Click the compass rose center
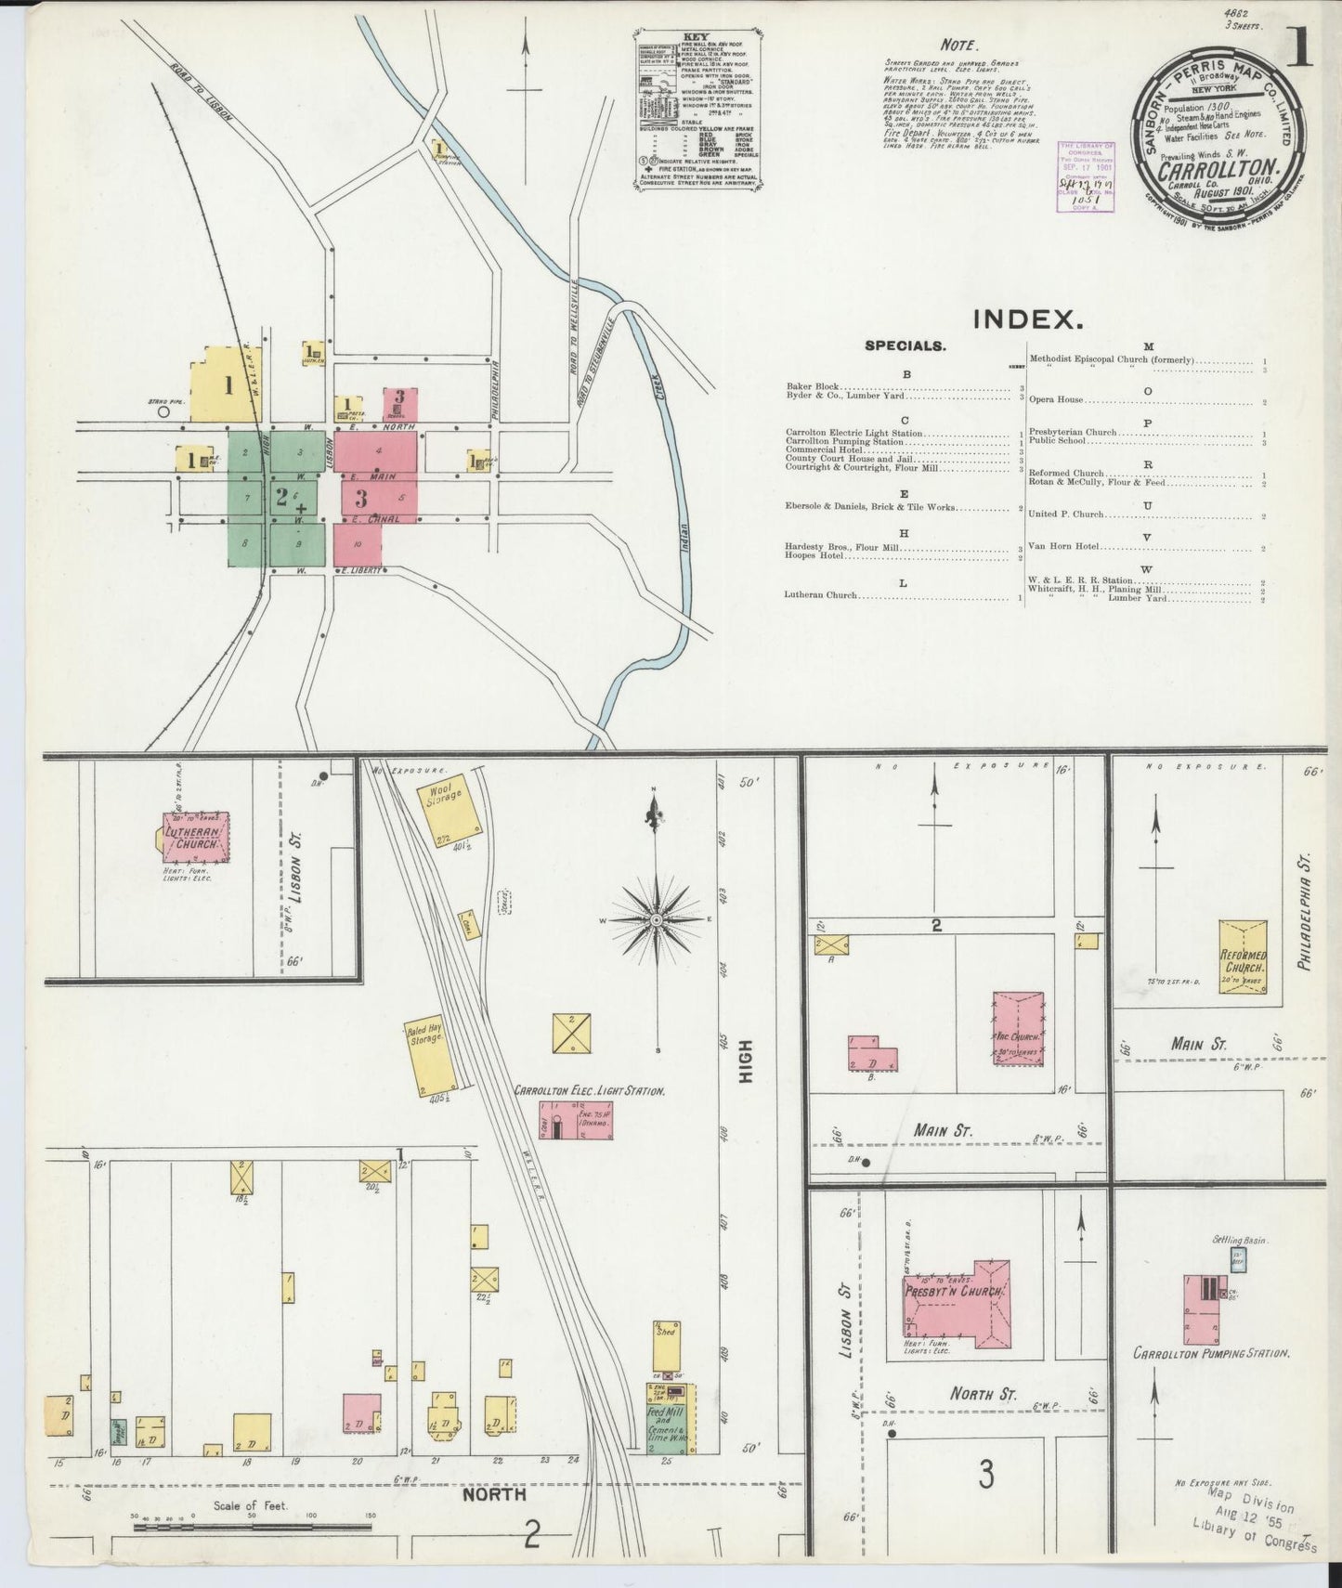click(656, 919)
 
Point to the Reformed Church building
click(1243, 957)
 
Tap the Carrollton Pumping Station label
click(1210, 1353)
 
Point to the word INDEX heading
click(1028, 320)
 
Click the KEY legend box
click(697, 110)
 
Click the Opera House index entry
click(1057, 400)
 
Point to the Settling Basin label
click(1240, 1240)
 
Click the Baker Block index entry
click(812, 386)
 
